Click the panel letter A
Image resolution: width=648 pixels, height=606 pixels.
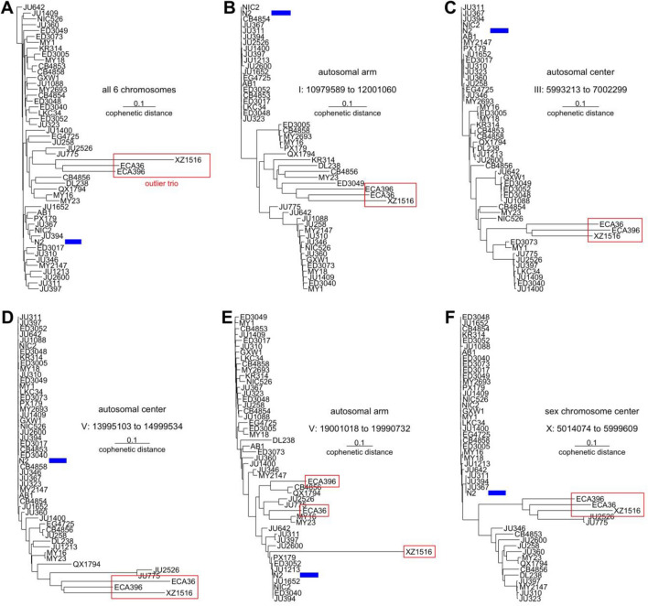7,8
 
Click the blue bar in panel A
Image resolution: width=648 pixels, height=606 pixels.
72,241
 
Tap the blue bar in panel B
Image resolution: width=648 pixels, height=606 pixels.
282,14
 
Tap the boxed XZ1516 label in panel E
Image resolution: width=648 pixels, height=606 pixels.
418,551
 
